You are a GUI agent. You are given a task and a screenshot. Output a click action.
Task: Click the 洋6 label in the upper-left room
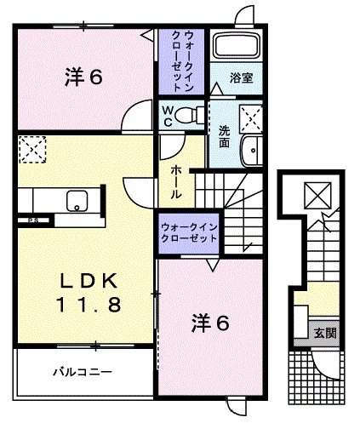83,77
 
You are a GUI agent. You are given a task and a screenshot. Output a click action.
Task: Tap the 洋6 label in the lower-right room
209,323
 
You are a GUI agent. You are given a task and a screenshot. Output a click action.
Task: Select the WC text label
168,114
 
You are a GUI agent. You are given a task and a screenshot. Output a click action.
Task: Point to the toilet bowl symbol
192,112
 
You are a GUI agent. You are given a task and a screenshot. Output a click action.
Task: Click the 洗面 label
225,137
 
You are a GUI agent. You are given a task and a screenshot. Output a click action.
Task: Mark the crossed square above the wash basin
250,117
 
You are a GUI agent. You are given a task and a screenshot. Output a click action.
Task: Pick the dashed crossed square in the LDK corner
32,150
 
